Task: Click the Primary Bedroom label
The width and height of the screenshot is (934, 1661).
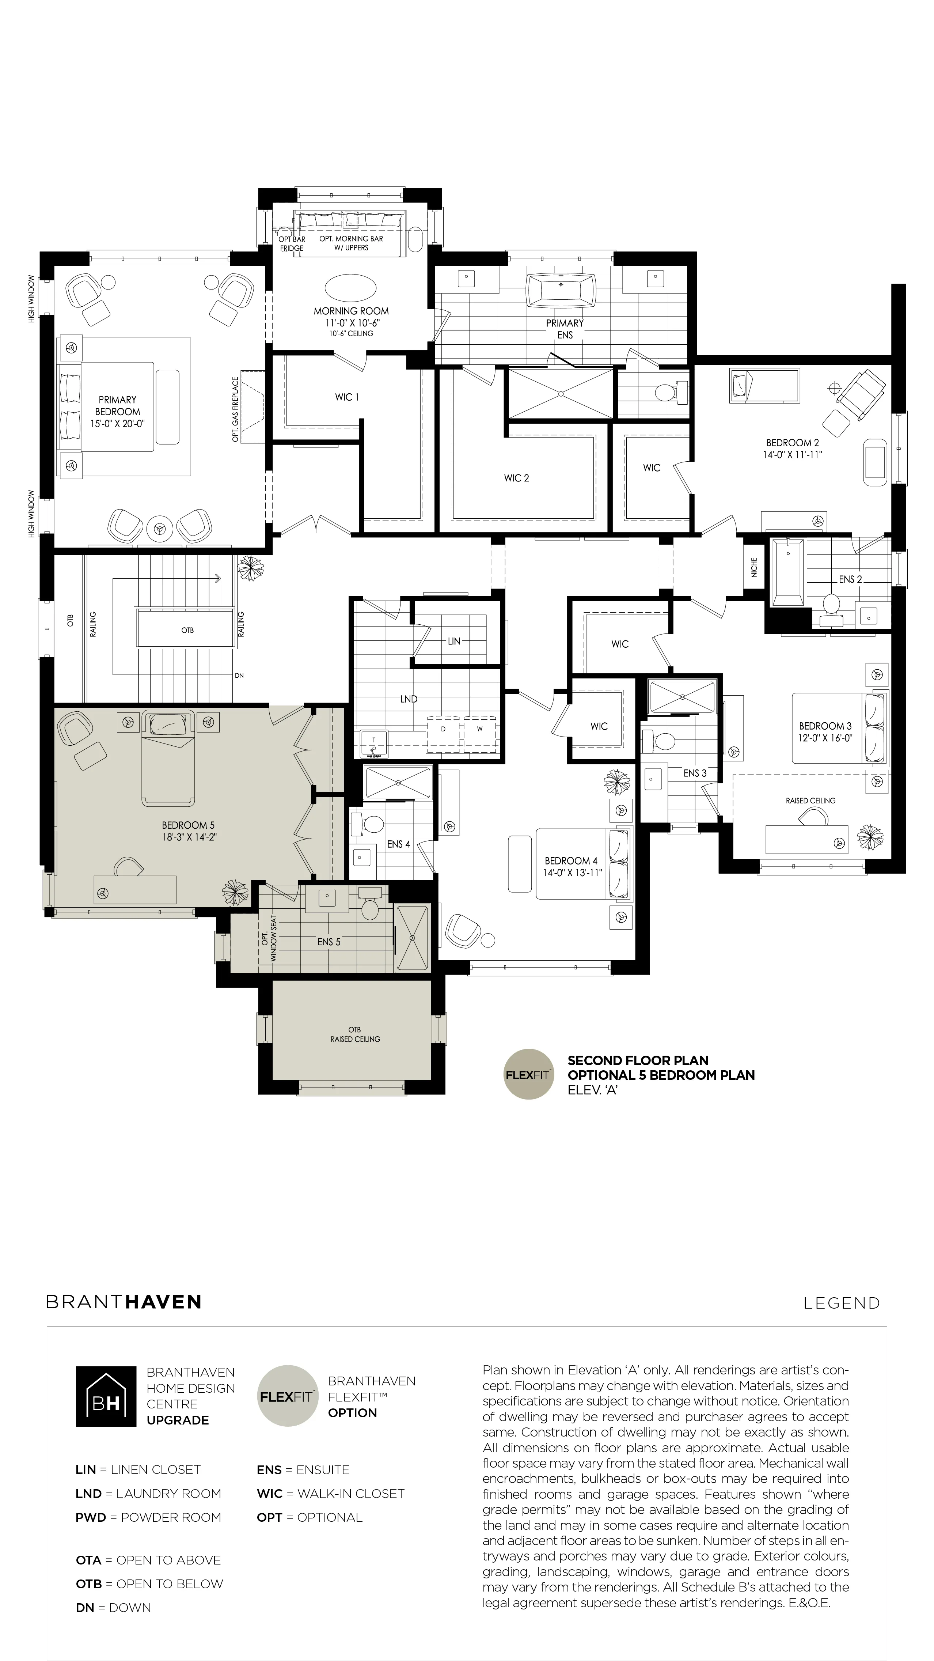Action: click(x=117, y=406)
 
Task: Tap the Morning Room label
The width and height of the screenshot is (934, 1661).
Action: click(x=351, y=311)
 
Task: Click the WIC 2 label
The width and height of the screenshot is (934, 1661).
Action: click(x=516, y=478)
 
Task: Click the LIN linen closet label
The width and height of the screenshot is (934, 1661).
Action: click(x=454, y=641)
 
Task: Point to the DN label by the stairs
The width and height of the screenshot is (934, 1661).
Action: click(x=239, y=676)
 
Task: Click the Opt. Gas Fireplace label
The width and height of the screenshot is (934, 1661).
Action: click(x=235, y=409)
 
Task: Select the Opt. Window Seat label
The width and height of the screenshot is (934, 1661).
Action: click(x=269, y=938)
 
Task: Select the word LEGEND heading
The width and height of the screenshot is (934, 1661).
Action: click(x=841, y=1303)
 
